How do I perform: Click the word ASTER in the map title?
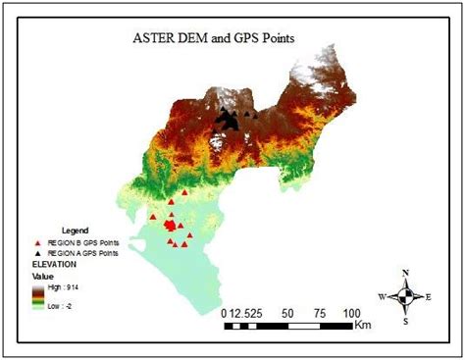tap(156, 41)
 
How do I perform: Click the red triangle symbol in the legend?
tap(38, 241)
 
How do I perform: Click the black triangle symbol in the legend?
tap(38, 253)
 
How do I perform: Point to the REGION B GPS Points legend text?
tap(82, 241)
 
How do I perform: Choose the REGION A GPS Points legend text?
tap(82, 253)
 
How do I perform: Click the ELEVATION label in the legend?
tap(55, 265)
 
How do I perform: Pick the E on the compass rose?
tap(430, 296)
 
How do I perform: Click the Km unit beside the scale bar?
tap(363, 323)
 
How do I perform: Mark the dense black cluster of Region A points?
tap(229, 120)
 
